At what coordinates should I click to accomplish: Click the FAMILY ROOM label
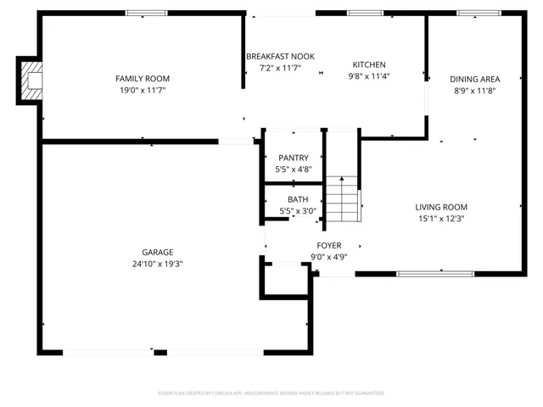[143, 78]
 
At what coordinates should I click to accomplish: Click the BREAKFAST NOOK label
[280, 56]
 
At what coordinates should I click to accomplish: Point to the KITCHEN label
[369, 64]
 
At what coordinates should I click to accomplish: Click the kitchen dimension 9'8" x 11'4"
[369, 75]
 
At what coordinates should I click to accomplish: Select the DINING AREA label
[474, 79]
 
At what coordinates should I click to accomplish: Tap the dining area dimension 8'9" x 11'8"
[474, 90]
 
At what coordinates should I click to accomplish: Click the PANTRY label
[293, 159]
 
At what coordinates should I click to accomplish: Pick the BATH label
[293, 199]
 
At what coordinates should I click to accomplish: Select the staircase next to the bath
[344, 200]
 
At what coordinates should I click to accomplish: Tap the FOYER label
[329, 246]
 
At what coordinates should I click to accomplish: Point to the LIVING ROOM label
[440, 207]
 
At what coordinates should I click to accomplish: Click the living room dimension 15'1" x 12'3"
[440, 218]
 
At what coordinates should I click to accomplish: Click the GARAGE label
[157, 252]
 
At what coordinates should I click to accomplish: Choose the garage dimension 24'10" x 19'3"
[157, 264]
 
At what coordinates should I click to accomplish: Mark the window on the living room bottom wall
[435, 273]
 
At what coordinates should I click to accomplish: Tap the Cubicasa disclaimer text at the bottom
[271, 393]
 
